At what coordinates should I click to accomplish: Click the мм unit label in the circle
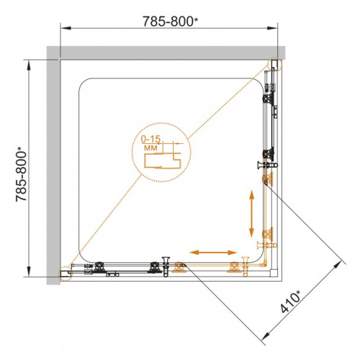(x=151, y=147)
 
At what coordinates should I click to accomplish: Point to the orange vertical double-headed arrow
(x=251, y=213)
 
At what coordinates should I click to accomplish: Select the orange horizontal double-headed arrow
(x=214, y=252)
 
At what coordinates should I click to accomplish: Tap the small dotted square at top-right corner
(x=276, y=63)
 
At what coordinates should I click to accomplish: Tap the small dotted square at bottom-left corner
(x=63, y=274)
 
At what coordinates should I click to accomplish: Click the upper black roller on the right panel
(x=271, y=92)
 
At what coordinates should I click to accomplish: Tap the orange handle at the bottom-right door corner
(x=264, y=247)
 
